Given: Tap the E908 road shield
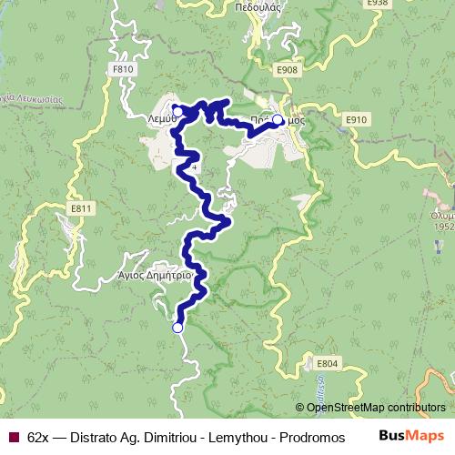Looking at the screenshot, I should pyautogui.click(x=287, y=69).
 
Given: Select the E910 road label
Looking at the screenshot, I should pyautogui.click(x=356, y=119).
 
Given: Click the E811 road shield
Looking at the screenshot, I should pyautogui.click(x=81, y=208).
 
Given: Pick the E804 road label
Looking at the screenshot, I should pyautogui.click(x=328, y=364).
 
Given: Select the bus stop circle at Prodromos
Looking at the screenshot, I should pyautogui.click(x=277, y=118).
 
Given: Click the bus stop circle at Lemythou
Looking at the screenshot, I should pyautogui.click(x=178, y=111).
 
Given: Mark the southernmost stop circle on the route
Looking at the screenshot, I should pyautogui.click(x=177, y=328).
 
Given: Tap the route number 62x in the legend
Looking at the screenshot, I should pyautogui.click(x=39, y=437).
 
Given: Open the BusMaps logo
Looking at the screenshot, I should pyautogui.click(x=410, y=436).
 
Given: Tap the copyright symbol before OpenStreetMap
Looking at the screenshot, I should pyautogui.click(x=300, y=408).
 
